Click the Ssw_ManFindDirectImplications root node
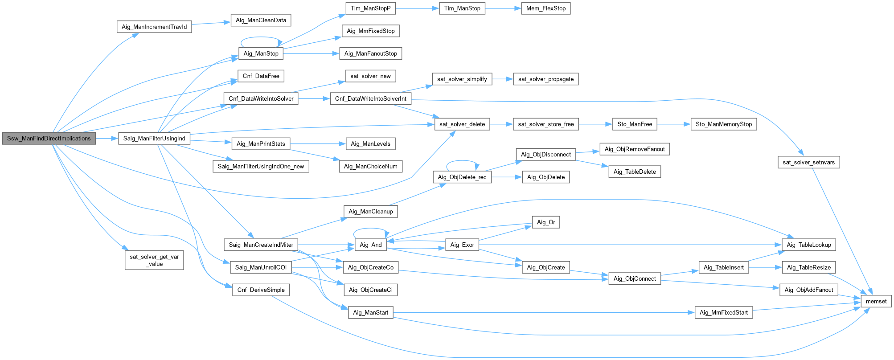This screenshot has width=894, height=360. [49, 139]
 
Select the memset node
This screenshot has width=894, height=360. [876, 302]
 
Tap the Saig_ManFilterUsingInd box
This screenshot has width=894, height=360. [154, 139]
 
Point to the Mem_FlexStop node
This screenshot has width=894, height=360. [545, 8]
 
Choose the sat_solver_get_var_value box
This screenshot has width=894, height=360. [154, 260]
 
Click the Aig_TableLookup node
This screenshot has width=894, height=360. [808, 245]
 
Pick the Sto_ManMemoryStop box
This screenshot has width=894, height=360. [723, 124]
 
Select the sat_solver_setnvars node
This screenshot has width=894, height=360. [808, 162]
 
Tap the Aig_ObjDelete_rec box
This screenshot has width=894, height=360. [462, 177]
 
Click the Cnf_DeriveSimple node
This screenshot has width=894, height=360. [261, 290]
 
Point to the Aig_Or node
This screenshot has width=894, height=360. [545, 222]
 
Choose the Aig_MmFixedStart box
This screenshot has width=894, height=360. [723, 313]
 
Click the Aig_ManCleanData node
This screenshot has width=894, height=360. [261, 20]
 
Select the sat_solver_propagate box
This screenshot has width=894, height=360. [545, 79]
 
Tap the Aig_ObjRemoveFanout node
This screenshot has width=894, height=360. [634, 149]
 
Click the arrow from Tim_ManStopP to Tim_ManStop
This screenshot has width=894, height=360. [417, 8]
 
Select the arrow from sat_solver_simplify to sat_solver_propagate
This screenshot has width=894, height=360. [502, 79]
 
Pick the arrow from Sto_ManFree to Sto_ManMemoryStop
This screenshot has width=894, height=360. [674, 124]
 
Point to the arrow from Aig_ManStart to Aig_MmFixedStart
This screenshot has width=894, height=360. [544, 313]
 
